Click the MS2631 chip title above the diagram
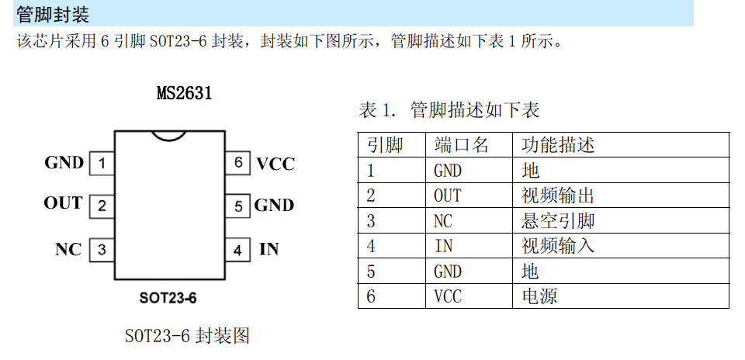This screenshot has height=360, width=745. (185, 93)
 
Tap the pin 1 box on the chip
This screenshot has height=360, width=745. (102, 164)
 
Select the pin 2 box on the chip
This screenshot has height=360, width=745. (102, 206)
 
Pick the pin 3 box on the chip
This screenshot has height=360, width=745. (102, 249)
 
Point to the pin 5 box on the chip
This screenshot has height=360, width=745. (237, 206)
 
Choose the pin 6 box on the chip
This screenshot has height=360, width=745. (237, 164)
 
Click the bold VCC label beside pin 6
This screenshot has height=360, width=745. (275, 164)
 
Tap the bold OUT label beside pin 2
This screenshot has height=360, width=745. (63, 202)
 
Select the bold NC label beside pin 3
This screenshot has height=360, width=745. (68, 249)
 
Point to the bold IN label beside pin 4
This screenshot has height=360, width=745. (269, 249)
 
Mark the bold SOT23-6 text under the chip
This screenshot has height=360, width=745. (168, 298)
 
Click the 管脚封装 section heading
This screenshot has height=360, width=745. (53, 15)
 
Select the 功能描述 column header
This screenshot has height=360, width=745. (558, 145)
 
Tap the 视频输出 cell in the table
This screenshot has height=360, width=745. (558, 196)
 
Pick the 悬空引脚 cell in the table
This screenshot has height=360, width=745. (558, 220)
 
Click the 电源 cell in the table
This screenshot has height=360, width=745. (540, 296)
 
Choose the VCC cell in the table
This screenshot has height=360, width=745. (448, 296)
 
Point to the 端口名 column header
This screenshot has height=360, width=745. (461, 145)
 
